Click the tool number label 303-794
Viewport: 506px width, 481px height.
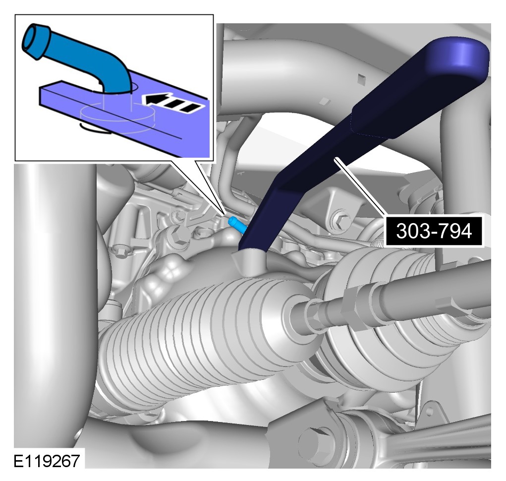434,231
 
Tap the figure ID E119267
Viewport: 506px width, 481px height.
47,461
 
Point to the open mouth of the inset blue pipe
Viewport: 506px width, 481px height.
35,42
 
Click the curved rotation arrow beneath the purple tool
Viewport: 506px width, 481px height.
95,128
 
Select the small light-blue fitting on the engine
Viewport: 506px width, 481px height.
236,224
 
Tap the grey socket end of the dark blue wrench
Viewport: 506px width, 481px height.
250,260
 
